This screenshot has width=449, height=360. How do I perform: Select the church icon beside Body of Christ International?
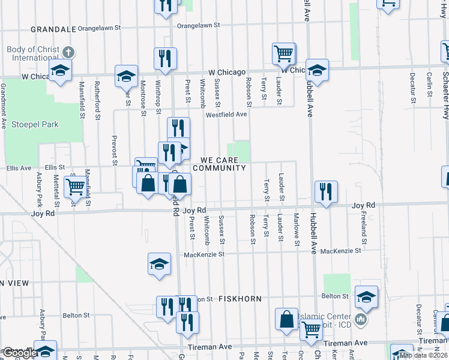pyautogui.click(x=68, y=52)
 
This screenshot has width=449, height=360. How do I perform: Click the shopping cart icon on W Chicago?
pyautogui.click(x=283, y=53)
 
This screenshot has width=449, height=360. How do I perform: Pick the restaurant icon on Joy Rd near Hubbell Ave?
pyautogui.click(x=326, y=191)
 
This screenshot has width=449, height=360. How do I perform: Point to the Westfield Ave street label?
pyautogui.click(x=226, y=114)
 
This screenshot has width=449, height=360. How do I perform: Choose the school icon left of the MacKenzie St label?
pyautogui.click(x=159, y=264)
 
